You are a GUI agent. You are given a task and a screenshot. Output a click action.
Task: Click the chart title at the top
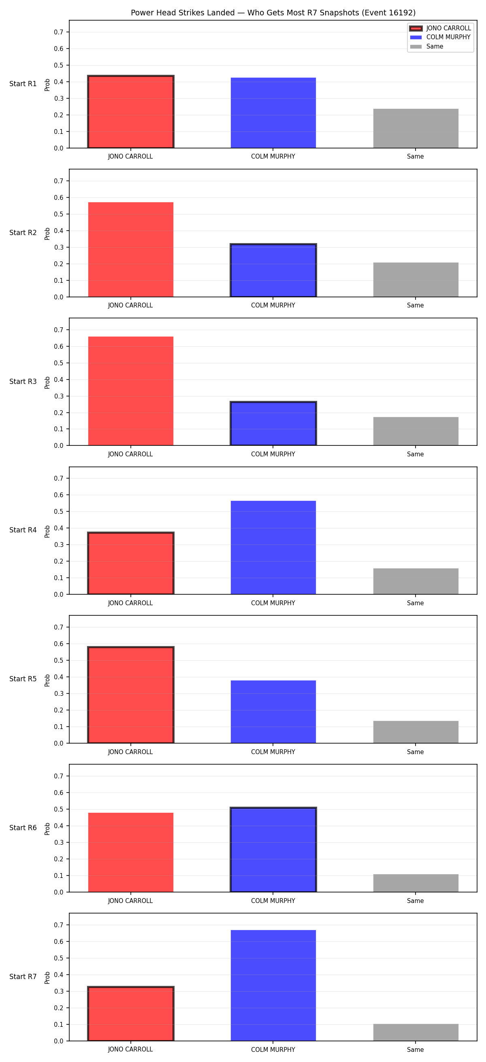273,13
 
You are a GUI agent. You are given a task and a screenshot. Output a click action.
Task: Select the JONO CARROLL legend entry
440,28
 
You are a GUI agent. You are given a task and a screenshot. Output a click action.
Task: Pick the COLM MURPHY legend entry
440,37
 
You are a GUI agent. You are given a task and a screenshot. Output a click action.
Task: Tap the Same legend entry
426,47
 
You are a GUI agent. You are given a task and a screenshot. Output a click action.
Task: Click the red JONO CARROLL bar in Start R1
131,112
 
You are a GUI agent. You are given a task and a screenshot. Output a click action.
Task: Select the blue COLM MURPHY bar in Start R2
273,270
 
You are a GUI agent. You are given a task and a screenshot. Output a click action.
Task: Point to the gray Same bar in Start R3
416,431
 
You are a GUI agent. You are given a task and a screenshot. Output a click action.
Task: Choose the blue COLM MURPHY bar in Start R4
273,547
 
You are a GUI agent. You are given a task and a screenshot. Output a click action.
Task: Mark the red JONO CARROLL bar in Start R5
131,695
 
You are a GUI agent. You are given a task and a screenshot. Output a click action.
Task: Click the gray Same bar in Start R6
416,883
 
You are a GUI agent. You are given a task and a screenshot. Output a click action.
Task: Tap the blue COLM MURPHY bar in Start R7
273,985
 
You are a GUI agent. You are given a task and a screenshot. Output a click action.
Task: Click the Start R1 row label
23,84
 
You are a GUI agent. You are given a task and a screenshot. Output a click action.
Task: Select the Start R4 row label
23,530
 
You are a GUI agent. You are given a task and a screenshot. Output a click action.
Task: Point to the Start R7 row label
23,977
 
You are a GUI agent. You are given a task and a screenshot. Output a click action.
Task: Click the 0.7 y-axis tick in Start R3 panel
59,330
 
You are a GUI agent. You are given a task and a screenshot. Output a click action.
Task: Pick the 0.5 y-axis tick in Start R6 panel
59,809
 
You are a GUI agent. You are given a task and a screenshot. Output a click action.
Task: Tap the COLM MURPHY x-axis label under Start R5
273,752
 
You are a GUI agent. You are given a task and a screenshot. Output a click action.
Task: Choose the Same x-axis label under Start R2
416,305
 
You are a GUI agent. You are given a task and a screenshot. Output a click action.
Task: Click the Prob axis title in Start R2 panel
47,234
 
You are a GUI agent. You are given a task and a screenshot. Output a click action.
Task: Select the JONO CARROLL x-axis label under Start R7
130,1049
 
